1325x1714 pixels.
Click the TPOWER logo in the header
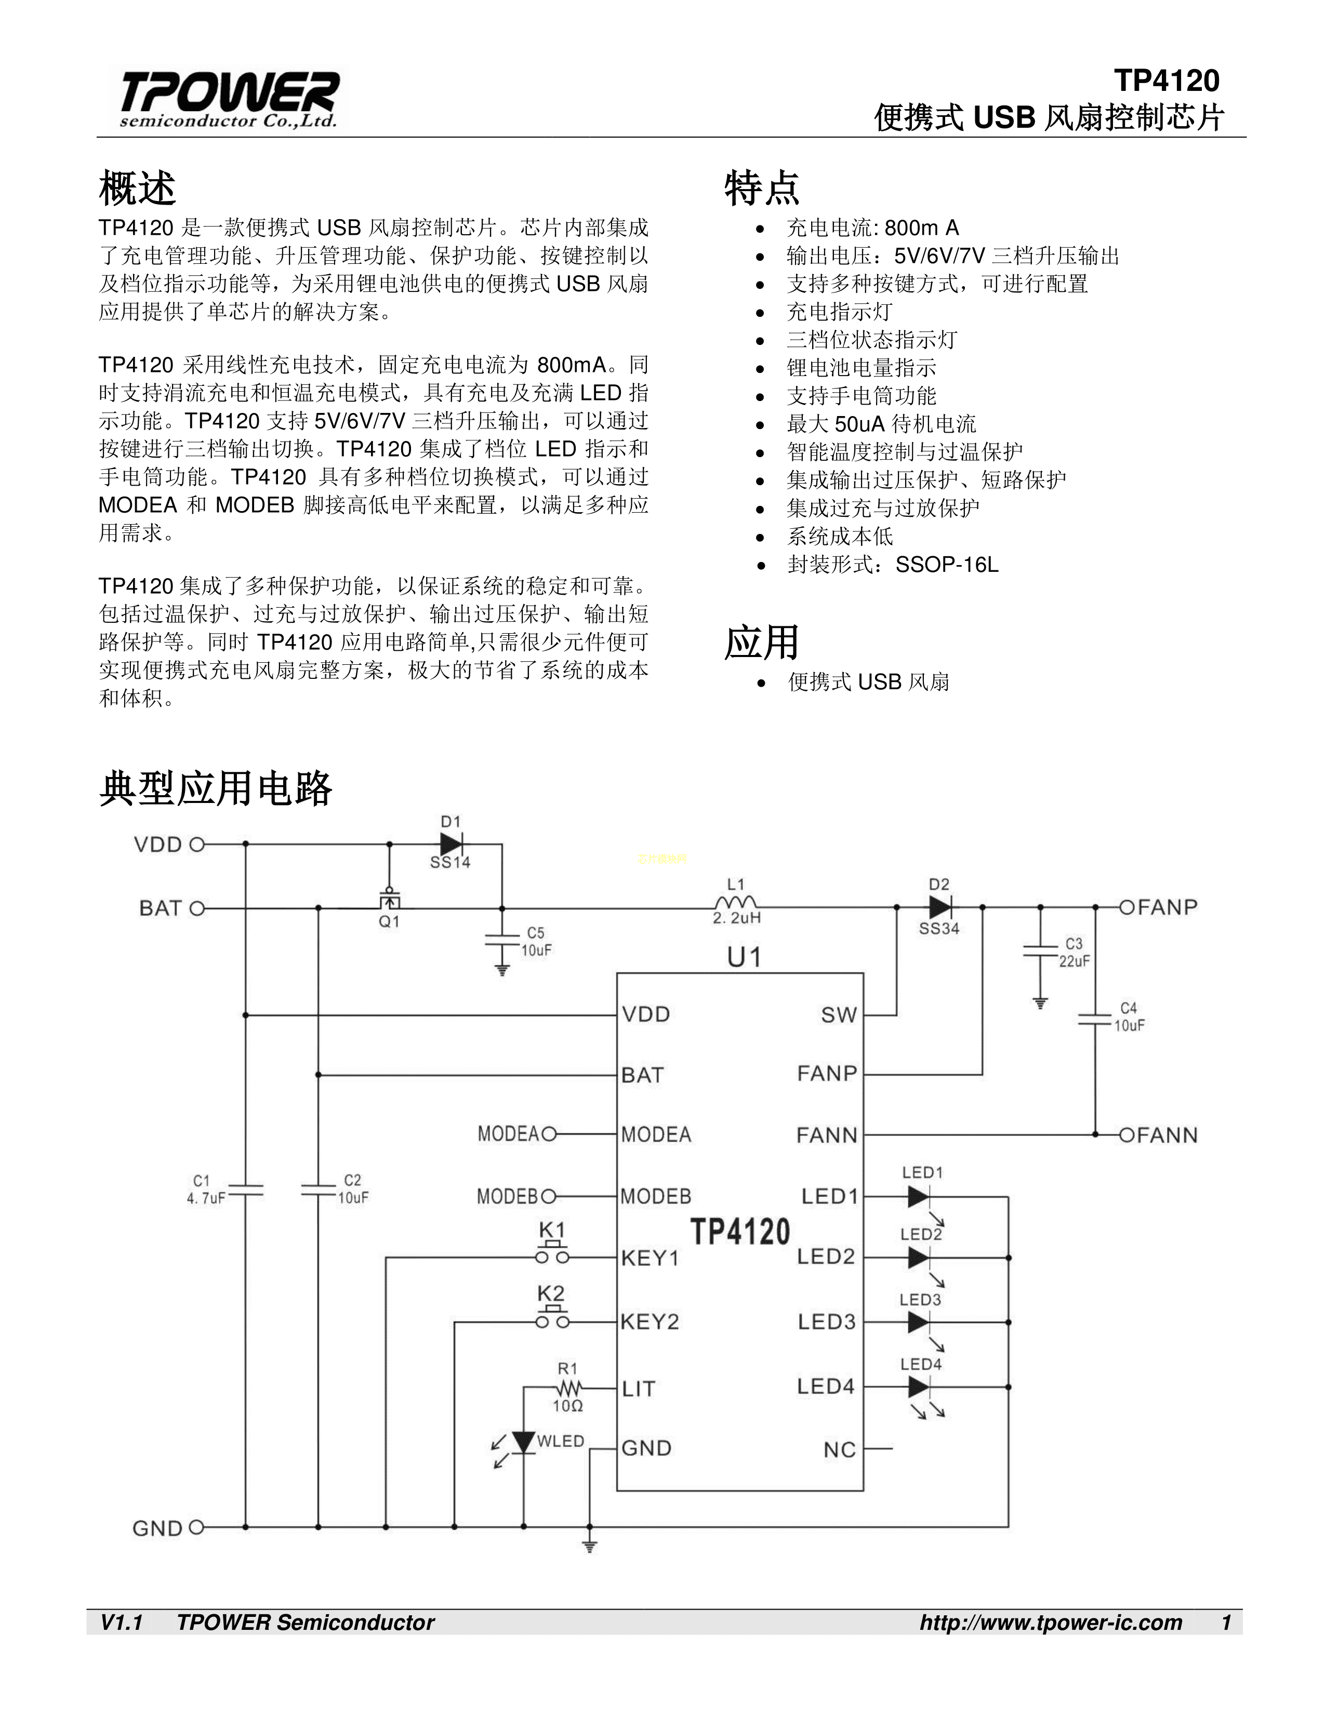pos(228,99)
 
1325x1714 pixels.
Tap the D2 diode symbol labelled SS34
pos(939,907)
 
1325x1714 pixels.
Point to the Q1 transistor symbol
pos(389,901)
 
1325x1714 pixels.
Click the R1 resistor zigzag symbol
pos(567,1387)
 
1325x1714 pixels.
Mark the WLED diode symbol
pos(523,1441)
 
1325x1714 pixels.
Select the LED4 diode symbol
pos(918,1387)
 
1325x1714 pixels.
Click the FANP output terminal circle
pos(1127,907)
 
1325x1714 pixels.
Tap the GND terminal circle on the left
pos(196,1527)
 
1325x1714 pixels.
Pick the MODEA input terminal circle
pos(549,1134)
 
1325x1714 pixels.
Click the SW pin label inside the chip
pos(838,1015)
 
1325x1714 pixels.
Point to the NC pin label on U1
pos(839,1450)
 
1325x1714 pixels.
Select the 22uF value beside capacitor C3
pos(1074,961)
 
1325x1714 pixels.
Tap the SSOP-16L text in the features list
pos(947,564)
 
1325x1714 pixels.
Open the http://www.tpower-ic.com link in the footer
pos(1050,1622)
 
